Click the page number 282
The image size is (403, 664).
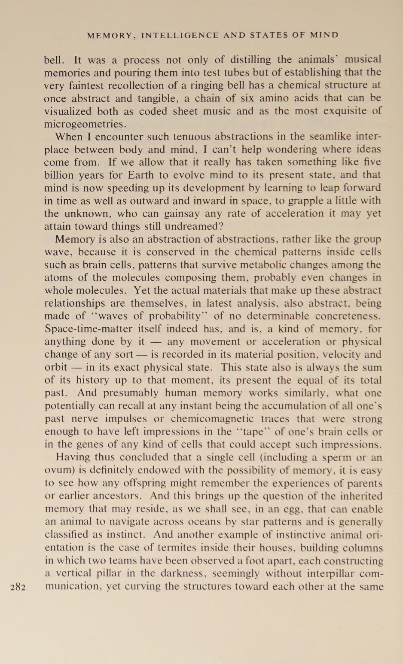pos(18,587)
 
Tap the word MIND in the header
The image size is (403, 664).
pos(324,35)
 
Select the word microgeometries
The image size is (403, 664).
pos(85,124)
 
